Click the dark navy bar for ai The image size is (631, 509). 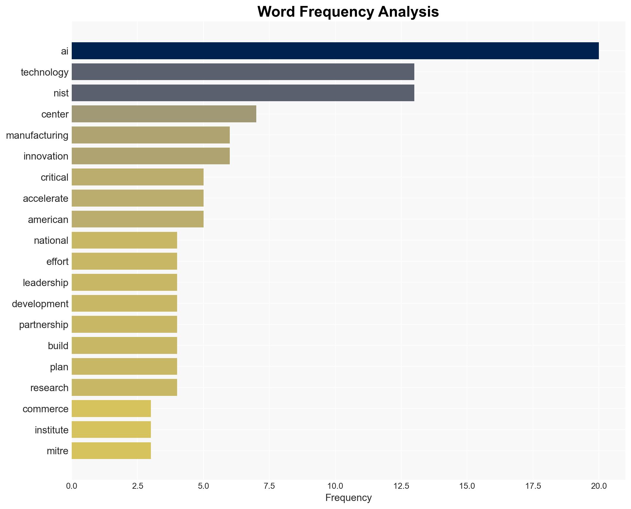pyautogui.click(x=335, y=51)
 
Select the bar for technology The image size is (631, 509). pyautogui.click(x=243, y=72)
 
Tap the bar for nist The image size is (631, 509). pyautogui.click(x=243, y=93)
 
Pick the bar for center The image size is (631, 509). pyautogui.click(x=164, y=114)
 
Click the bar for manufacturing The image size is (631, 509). pyautogui.click(x=151, y=135)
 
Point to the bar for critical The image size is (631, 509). pyautogui.click(x=138, y=177)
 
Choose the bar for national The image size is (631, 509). pyautogui.click(x=124, y=240)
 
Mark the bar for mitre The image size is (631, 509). pyautogui.click(x=111, y=451)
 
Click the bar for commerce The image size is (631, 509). pyautogui.click(x=111, y=409)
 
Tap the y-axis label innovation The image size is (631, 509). pyautogui.click(x=46, y=156)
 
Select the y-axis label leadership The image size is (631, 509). pyautogui.click(x=46, y=282)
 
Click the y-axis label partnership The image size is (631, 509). pyautogui.click(x=44, y=325)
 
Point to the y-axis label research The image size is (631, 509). pyautogui.click(x=49, y=388)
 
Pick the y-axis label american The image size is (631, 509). pyautogui.click(x=48, y=220)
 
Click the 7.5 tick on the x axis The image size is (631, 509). pyautogui.click(x=269, y=486)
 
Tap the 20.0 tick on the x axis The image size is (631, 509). pyautogui.click(x=599, y=486)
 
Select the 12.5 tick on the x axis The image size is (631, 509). pyautogui.click(x=401, y=486)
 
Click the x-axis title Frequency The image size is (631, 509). pyautogui.click(x=348, y=498)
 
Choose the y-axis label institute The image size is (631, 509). pyautogui.click(x=51, y=430)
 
